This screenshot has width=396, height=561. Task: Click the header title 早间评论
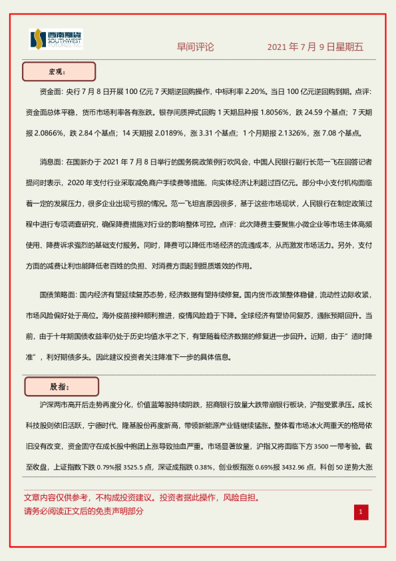point(195,47)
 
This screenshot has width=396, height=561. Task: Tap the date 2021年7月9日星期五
point(315,47)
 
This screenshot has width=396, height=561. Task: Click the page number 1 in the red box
point(360,512)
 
